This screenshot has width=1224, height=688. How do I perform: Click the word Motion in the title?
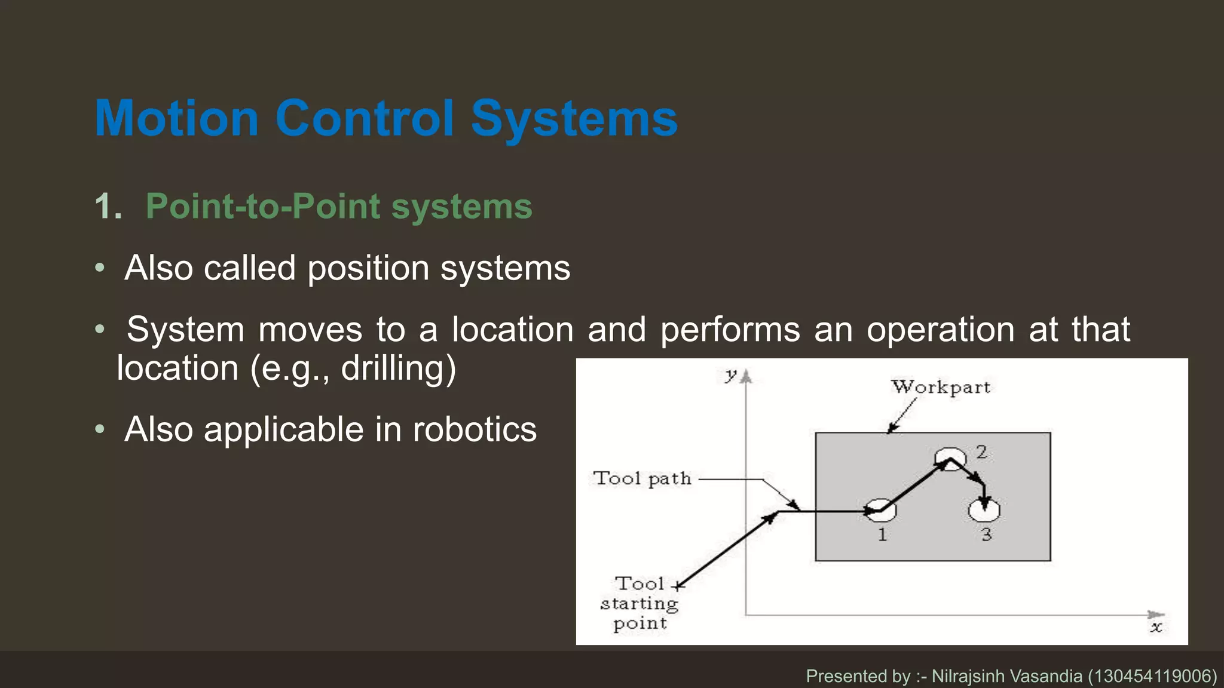click(177, 118)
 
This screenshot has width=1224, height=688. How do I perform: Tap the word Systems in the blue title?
click(574, 118)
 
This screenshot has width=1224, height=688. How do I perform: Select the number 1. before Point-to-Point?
click(108, 207)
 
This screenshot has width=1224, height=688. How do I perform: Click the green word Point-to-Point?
click(263, 207)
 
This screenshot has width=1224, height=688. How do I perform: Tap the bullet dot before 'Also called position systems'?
click(100, 268)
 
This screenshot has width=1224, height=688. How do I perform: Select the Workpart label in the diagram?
click(941, 387)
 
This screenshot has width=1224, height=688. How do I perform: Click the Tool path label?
click(642, 478)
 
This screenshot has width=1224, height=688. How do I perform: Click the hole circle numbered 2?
click(950, 459)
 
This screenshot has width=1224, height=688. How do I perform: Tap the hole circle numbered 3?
click(984, 509)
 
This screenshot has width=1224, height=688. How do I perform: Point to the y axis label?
click(730, 376)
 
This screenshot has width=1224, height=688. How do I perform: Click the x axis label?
click(1156, 627)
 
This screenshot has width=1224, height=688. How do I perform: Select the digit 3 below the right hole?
click(986, 535)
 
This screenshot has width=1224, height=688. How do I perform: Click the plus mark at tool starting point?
click(678, 586)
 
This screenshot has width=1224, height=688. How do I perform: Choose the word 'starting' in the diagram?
click(639, 604)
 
